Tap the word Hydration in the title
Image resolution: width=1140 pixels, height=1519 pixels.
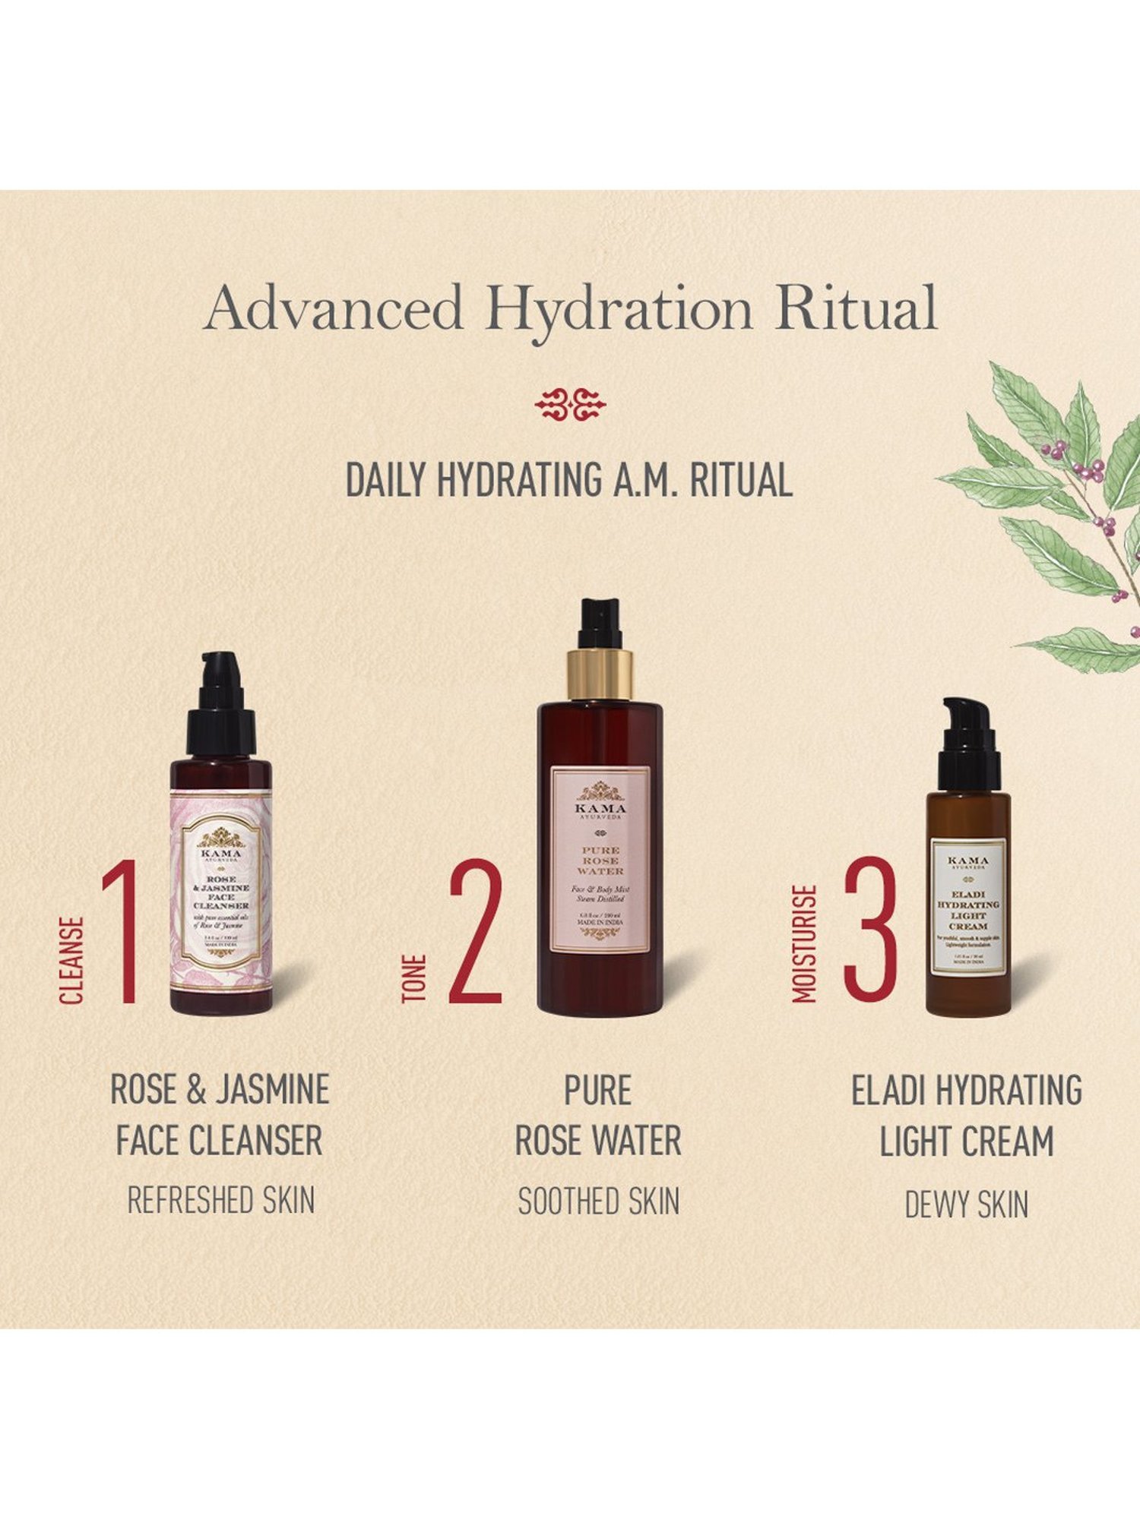coord(619,309)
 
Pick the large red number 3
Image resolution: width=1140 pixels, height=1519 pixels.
coord(871,931)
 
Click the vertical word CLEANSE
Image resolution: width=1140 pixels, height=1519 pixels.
coord(71,961)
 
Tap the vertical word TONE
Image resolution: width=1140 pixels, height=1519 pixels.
coord(414,979)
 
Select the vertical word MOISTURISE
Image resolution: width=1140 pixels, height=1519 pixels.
coord(804,943)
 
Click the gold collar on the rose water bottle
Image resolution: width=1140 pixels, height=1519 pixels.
coord(600,674)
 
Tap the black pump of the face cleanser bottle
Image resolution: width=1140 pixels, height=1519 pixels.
coord(220,706)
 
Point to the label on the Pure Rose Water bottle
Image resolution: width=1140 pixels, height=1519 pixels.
coord(600,859)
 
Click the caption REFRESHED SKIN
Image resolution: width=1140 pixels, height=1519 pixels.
coord(220,1201)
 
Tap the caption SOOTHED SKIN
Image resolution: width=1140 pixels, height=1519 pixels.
coord(599,1202)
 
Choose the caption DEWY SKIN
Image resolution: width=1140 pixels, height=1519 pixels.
coord(966,1205)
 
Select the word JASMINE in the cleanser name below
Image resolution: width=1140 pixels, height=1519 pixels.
coord(273,1090)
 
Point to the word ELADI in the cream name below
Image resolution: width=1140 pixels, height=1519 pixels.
coord(888,1091)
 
